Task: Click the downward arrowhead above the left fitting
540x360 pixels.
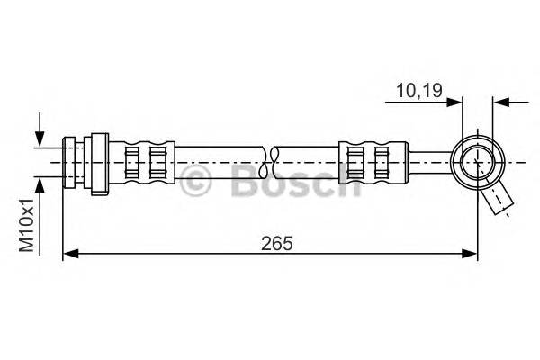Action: (40, 139)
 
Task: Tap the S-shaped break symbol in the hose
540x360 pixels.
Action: (269, 161)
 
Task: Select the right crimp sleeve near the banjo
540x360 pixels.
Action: (368, 161)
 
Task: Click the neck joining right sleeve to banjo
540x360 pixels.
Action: (425, 161)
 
